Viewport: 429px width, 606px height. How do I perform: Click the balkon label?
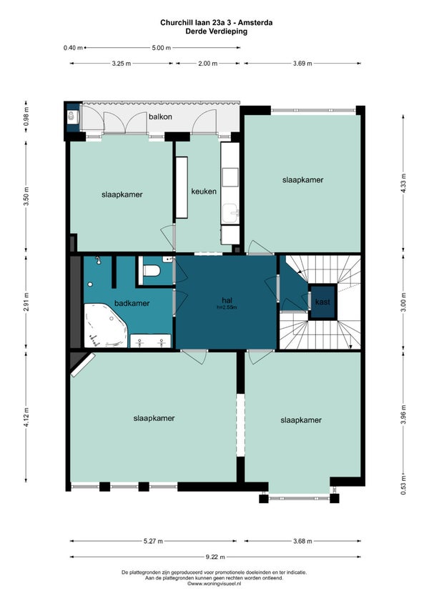pyautogui.click(x=160, y=116)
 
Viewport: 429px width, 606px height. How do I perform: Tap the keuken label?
pyautogui.click(x=204, y=192)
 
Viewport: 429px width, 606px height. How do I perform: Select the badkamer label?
pyautogui.click(x=132, y=304)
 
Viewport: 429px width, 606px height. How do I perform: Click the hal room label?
pyautogui.click(x=227, y=300)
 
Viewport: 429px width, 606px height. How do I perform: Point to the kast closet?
pyautogui.click(x=322, y=302)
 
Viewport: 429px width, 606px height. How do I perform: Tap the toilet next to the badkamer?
pyautogui.click(x=152, y=270)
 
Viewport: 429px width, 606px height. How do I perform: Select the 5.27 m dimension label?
pyautogui.click(x=153, y=541)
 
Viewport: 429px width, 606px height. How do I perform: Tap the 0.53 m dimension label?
pyautogui.click(x=403, y=488)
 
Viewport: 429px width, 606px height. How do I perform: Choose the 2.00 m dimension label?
pyautogui.click(x=208, y=64)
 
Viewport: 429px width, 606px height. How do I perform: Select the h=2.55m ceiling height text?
pyautogui.click(x=227, y=307)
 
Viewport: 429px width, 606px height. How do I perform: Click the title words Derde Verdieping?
pyautogui.click(x=216, y=31)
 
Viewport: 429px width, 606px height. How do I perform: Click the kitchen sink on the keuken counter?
pyautogui.click(x=230, y=214)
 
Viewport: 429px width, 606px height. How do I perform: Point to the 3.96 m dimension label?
pyautogui.click(x=403, y=414)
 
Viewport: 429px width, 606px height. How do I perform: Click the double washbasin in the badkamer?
pyautogui.click(x=150, y=341)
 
